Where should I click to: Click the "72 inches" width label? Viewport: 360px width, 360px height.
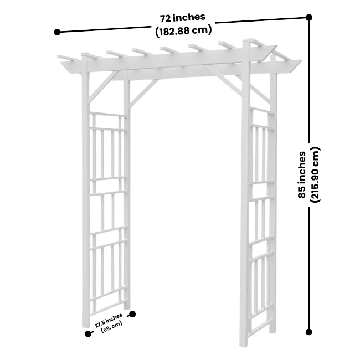click(x=183, y=18)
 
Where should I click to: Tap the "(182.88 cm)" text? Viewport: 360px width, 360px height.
click(x=183, y=31)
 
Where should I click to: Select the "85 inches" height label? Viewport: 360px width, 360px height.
click(x=302, y=174)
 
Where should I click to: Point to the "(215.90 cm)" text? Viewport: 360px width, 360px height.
click(x=315, y=174)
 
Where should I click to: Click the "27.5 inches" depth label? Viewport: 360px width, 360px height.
click(x=109, y=320)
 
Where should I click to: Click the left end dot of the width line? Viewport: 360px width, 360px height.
click(x=57, y=32)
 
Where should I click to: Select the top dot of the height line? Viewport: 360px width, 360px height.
click(x=309, y=17)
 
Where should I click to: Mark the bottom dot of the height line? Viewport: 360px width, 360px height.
click(x=309, y=332)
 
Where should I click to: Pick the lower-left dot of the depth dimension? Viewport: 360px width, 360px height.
click(x=88, y=334)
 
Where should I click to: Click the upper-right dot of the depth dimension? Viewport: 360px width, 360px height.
click(x=132, y=314)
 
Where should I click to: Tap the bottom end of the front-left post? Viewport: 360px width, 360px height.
click(x=85, y=326)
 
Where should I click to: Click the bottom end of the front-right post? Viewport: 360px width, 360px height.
click(x=243, y=344)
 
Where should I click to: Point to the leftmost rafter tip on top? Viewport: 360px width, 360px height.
click(x=59, y=56)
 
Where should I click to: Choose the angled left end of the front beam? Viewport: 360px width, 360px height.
click(x=65, y=66)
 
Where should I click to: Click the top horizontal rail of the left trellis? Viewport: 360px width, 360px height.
click(x=108, y=114)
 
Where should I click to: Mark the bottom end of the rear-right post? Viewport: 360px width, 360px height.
click(x=272, y=331)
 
